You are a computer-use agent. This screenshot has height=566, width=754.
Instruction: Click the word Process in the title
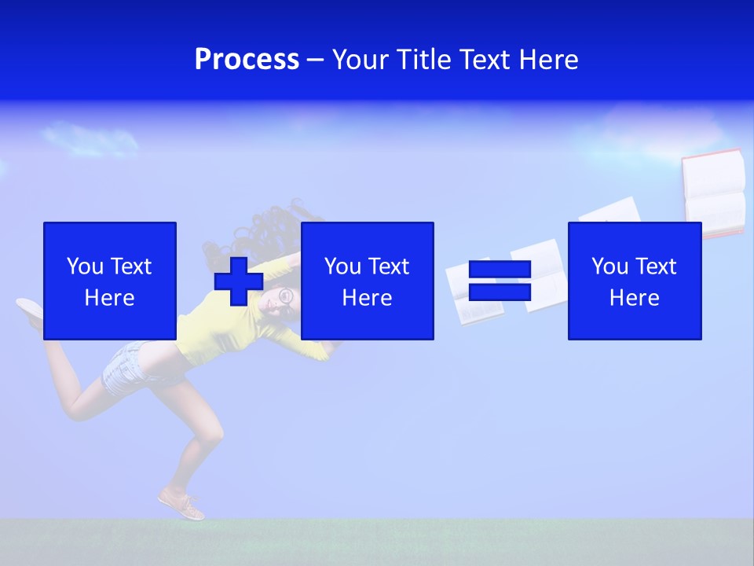(x=247, y=60)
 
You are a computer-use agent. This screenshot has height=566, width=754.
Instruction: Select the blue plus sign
(x=239, y=281)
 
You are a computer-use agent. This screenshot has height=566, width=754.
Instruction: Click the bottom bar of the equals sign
(x=500, y=292)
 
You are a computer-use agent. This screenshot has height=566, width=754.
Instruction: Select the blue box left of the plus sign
(x=110, y=281)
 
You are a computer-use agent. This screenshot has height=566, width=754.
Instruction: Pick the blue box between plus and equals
(x=368, y=281)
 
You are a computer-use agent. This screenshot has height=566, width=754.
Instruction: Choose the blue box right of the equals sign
(x=635, y=281)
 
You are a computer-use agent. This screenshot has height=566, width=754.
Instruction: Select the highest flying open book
(x=713, y=193)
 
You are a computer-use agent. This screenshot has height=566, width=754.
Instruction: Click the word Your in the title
(x=361, y=60)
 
